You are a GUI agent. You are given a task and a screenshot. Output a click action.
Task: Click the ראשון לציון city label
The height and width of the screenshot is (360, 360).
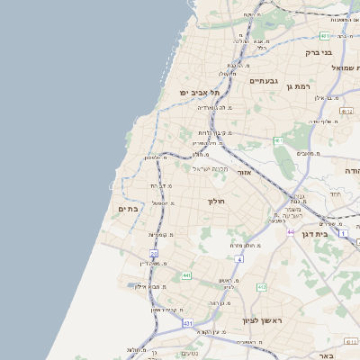(262, 319)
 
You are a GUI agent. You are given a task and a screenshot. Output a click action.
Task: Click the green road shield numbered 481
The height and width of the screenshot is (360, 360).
(324, 36)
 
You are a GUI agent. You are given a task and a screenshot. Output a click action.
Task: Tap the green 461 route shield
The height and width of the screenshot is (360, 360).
(279, 141)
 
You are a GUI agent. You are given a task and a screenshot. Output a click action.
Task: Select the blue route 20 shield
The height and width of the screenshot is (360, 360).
(154, 254)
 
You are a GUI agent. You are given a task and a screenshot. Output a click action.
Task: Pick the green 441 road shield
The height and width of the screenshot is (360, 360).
(185, 275)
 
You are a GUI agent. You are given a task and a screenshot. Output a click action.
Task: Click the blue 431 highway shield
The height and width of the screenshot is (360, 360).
(187, 321)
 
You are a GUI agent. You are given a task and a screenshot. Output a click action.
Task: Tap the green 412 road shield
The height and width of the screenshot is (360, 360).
(262, 287)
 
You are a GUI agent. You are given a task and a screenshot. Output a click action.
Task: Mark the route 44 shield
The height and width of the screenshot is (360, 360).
(291, 231)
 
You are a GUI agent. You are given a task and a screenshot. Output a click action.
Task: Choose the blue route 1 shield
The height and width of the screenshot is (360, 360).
(343, 233)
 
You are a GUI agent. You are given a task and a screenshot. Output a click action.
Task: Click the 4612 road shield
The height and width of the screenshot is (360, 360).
(346, 111)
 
